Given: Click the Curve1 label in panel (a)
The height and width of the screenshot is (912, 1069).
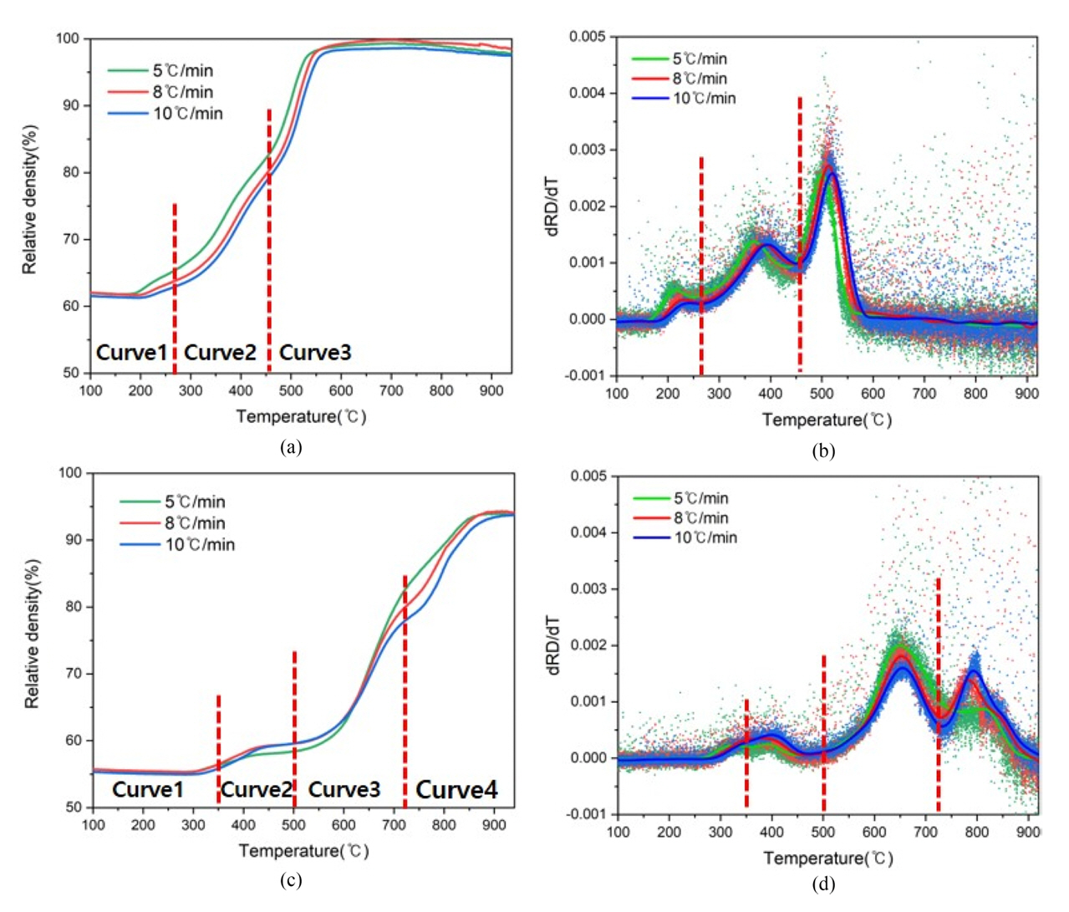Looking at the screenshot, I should (x=131, y=352).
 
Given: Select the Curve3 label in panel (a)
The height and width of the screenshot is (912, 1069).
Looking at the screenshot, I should (x=315, y=352).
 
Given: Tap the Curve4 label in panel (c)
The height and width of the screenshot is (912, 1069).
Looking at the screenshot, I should (x=456, y=789).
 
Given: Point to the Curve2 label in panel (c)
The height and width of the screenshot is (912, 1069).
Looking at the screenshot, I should (x=257, y=789).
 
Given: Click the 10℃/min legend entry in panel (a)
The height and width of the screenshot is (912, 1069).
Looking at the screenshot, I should (x=188, y=113).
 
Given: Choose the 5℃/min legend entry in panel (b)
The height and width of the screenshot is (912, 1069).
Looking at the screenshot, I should (x=700, y=59).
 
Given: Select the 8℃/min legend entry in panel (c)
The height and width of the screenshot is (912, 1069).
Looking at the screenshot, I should (x=195, y=523).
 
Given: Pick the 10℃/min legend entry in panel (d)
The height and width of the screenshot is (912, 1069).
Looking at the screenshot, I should (x=705, y=538).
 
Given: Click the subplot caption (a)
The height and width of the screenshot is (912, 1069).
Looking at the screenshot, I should (x=291, y=446).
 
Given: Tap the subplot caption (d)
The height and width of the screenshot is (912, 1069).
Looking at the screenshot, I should (x=822, y=884).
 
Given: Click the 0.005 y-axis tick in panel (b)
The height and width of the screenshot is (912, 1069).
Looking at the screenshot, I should (x=588, y=37).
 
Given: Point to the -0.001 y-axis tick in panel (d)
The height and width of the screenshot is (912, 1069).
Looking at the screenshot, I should (x=588, y=814).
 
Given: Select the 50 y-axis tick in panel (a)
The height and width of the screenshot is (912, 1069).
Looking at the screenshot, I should (x=71, y=373).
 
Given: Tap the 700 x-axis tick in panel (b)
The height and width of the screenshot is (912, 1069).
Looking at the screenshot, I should (x=924, y=394).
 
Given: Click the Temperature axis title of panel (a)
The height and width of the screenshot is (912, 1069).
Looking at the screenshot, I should (x=301, y=416).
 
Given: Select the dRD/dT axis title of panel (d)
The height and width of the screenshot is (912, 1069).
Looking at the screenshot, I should (x=553, y=645).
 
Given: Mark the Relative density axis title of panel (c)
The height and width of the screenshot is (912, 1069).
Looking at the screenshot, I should (x=32, y=633).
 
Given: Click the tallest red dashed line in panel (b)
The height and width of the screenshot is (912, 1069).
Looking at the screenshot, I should (x=800, y=234).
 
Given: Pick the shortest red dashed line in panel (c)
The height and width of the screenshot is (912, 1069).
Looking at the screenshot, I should (x=219, y=744).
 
